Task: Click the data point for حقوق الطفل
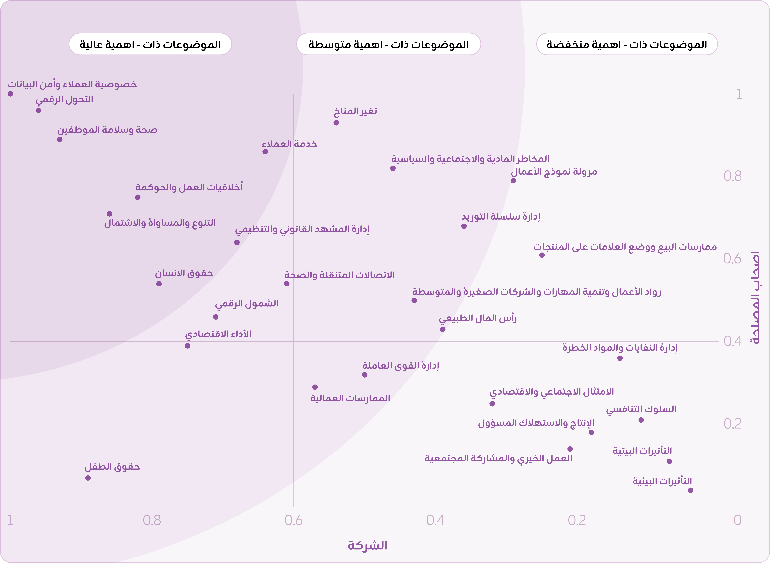[88, 478]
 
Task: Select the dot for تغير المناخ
[336, 123]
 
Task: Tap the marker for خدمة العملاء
[265, 152]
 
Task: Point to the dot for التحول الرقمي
[39, 110]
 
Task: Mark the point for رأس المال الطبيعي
[442, 329]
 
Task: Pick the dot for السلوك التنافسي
[641, 420]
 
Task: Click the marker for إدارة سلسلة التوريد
[464, 226]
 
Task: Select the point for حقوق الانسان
[159, 284]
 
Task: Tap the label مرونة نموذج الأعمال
[554, 171]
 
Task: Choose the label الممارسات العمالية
[350, 398]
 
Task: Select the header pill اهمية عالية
[150, 44]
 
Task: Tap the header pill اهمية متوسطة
[389, 44]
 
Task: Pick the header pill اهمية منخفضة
[627, 44]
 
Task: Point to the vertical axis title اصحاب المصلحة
[755, 298]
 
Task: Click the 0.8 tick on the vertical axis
[732, 176]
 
